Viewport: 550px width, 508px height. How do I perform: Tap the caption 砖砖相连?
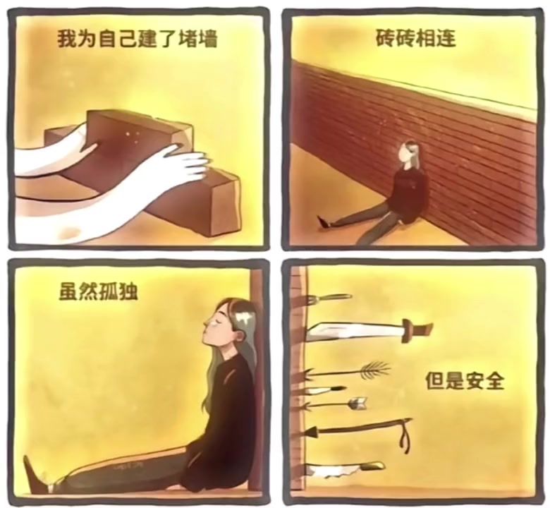point(415,37)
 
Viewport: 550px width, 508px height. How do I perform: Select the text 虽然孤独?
point(98,291)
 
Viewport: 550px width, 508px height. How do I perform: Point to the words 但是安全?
point(465,381)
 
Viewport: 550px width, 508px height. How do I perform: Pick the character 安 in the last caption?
point(475,381)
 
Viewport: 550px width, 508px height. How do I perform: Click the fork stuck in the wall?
point(328,298)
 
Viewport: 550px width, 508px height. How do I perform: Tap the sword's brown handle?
point(417,329)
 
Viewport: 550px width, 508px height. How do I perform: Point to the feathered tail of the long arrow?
point(374,371)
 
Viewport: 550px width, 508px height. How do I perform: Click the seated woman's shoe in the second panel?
point(324,222)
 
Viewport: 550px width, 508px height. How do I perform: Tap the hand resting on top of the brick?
point(183,164)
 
